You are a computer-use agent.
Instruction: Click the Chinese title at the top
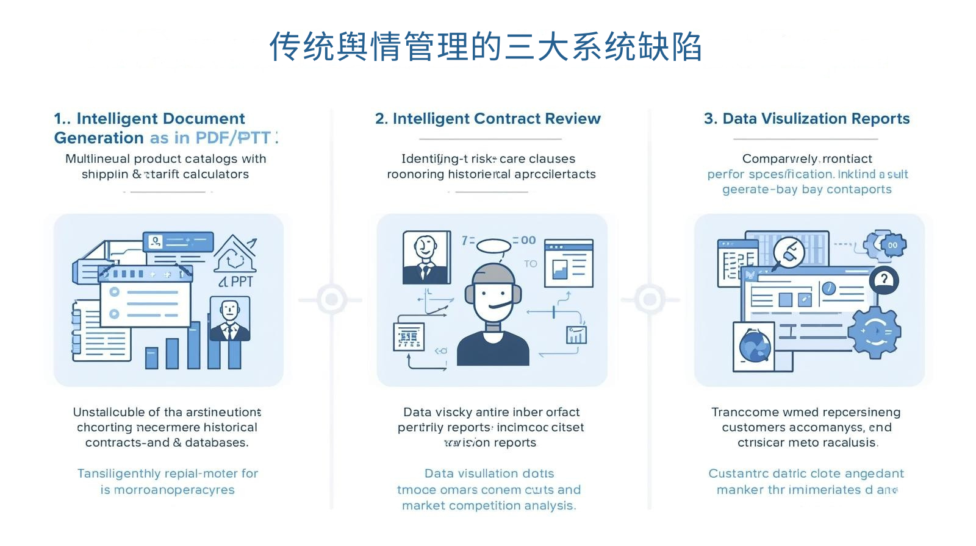pyautogui.click(x=486, y=47)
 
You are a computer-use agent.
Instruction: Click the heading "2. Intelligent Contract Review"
pyautogui.click(x=487, y=118)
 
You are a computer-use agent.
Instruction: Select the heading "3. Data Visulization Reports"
pyautogui.click(x=806, y=118)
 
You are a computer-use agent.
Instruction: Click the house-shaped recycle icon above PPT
pyautogui.click(x=235, y=255)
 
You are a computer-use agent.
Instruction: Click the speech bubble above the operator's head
pyautogui.click(x=493, y=246)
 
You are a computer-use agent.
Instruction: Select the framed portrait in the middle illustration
pyautogui.click(x=426, y=257)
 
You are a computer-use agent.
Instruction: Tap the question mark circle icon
pyautogui.click(x=883, y=280)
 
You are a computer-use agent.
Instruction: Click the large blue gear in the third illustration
pyautogui.click(x=876, y=331)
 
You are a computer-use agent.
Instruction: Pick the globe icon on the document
pyautogui.click(x=755, y=346)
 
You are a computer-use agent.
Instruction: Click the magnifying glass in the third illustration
pyautogui.click(x=788, y=252)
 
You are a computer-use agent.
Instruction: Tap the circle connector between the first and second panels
pyautogui.click(x=331, y=299)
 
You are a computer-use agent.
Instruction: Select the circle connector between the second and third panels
pyautogui.click(x=650, y=299)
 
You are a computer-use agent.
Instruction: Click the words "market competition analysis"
pyautogui.click(x=489, y=505)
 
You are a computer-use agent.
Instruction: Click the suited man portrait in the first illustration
pyautogui.click(x=229, y=319)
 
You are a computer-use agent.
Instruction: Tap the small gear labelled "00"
pyautogui.click(x=892, y=245)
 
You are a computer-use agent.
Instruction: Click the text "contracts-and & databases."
pyautogui.click(x=167, y=442)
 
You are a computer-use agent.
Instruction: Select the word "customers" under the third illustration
pyautogui.click(x=752, y=427)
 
